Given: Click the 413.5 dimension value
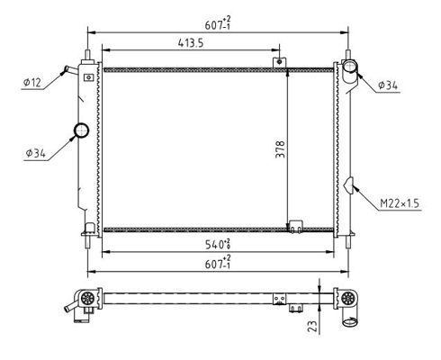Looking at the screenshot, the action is click(191, 43).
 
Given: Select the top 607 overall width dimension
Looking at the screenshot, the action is click(218, 24).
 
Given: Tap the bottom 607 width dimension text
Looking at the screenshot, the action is click(218, 263).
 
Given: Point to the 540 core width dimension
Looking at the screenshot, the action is click(218, 244).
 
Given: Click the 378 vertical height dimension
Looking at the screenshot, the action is click(280, 149).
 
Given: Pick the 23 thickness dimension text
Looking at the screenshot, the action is click(312, 326).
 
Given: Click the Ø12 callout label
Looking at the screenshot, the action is click(32, 82).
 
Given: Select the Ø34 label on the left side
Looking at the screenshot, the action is click(36, 153).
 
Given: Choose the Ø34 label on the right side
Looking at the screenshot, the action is click(388, 85).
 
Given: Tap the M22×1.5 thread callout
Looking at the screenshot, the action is click(400, 203).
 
